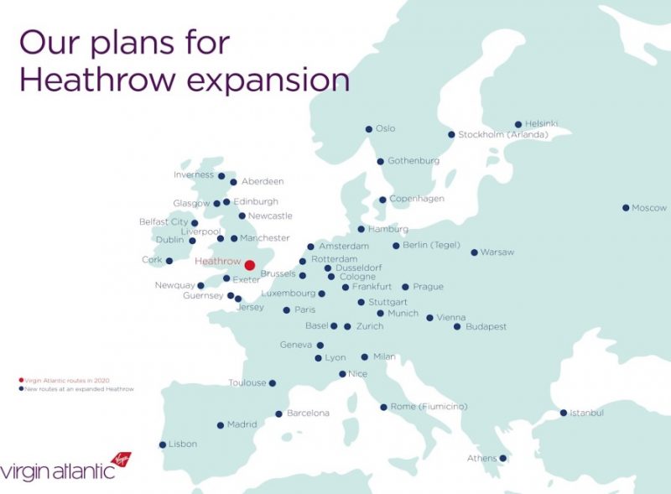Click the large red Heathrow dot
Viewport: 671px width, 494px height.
pos(249,265)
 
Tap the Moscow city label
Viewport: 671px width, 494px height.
pos(649,208)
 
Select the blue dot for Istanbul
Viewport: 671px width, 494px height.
pos(564,413)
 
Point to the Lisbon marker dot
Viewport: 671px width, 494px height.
pos(162,445)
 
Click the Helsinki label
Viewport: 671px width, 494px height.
pos(542,124)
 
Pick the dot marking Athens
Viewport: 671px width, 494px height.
pos(502,458)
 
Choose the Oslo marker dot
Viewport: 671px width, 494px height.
pos(368,129)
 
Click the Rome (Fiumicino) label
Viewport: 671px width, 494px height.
pos(429,407)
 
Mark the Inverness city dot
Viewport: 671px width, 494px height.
pos(221,176)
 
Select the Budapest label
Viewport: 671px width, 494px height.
pos(486,326)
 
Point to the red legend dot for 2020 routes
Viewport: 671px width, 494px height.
pos(21,381)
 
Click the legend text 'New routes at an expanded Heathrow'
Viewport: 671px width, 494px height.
pos(80,389)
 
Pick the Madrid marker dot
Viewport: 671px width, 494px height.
pos(221,425)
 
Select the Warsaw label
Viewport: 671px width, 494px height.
pos(498,252)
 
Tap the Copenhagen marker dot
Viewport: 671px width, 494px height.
pos(382,200)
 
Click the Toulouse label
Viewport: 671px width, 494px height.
pos(247,383)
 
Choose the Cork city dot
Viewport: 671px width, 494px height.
pos(169,261)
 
